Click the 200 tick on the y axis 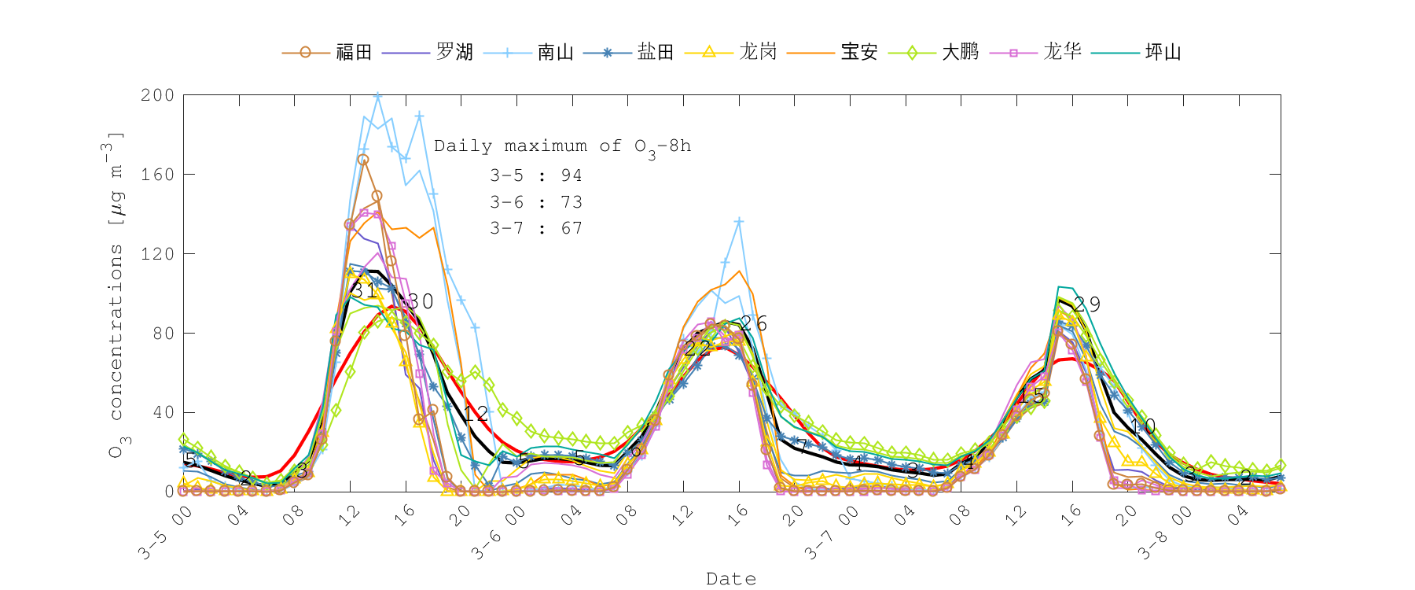click(x=157, y=95)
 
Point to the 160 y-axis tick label click(x=157, y=175)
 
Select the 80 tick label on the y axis click(x=163, y=334)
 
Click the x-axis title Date click(x=731, y=579)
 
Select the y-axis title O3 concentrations click(x=116, y=295)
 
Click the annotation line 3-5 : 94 click(x=536, y=176)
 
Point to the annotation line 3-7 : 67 click(x=536, y=229)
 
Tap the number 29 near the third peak click(x=1087, y=304)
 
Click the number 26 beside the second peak click(x=754, y=323)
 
